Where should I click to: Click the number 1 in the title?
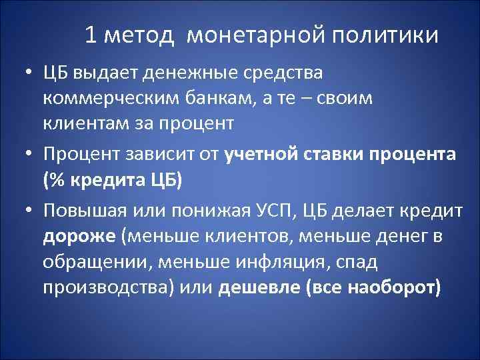coord(92,35)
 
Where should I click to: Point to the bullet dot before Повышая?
coord(26,211)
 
